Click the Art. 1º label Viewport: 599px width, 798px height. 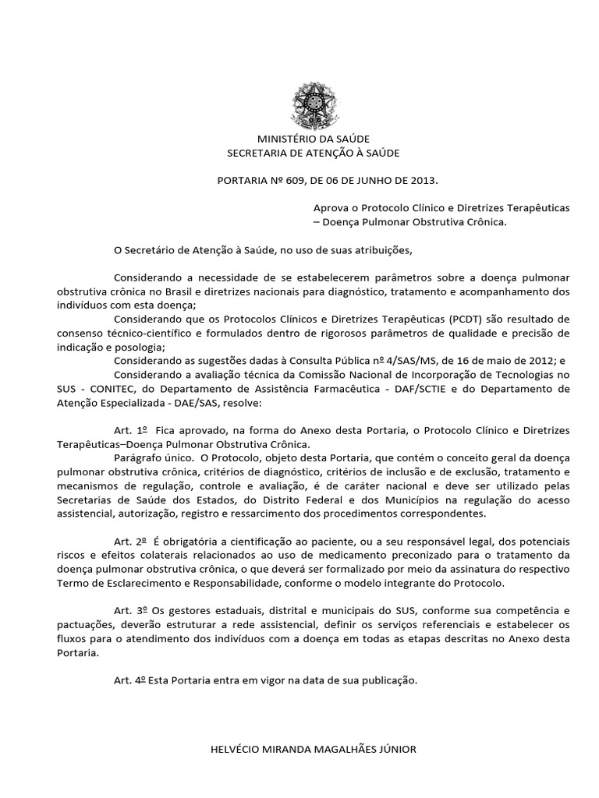pyautogui.click(x=130, y=430)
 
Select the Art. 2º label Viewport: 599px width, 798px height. pyautogui.click(x=130, y=541)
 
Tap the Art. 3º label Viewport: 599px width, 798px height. pyautogui.click(x=130, y=611)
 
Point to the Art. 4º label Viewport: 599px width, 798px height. pyautogui.click(x=130, y=680)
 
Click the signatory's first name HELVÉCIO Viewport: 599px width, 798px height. pyautogui.click(x=237, y=749)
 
